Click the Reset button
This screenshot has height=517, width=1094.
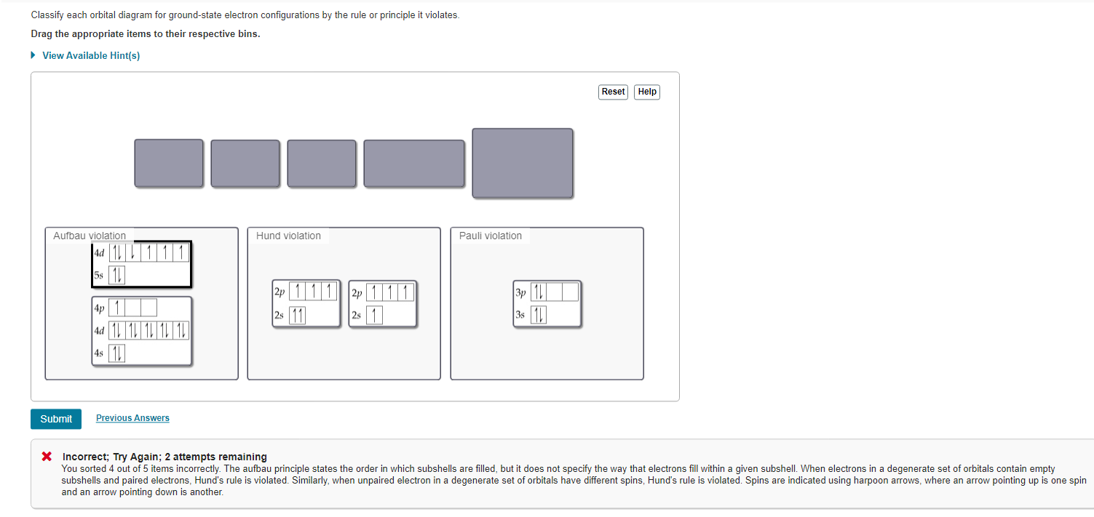613,92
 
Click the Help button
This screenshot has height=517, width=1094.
647,92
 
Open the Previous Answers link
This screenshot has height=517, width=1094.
133,418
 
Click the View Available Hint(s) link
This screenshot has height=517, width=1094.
91,55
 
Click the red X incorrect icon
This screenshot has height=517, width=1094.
47,457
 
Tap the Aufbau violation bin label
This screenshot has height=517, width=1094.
90,236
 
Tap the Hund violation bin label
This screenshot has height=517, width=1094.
288,236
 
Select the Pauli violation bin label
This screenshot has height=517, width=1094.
491,236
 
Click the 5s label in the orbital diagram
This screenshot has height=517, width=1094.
99,275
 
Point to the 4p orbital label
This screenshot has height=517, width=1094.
99,308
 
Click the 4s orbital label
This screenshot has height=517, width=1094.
99,353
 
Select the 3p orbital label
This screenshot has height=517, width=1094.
520,292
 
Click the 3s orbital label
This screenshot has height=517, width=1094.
520,315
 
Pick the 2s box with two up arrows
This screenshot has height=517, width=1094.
297,315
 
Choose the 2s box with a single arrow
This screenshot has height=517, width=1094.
374,315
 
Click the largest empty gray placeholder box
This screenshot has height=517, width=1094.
523,163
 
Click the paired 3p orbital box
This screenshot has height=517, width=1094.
539,292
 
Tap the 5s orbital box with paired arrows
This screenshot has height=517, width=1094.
116,275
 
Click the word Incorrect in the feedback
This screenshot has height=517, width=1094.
85,457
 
